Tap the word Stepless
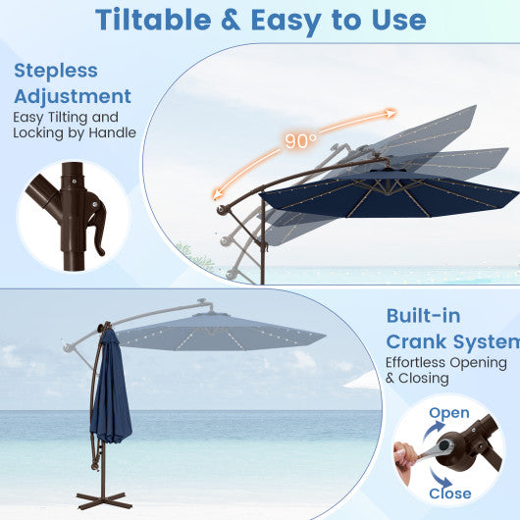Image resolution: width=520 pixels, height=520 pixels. (56, 72)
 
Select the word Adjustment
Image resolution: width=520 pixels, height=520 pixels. (72, 96)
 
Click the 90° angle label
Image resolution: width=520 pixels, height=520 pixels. (301, 141)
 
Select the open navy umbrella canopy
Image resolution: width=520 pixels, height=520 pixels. (392, 191)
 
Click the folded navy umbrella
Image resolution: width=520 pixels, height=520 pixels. (110, 392)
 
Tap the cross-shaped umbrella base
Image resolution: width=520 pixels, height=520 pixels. (104, 496)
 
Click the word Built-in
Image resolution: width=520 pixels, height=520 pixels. (424, 316)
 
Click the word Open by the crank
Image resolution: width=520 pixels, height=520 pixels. (449, 413)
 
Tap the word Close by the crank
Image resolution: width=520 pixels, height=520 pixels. (450, 494)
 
